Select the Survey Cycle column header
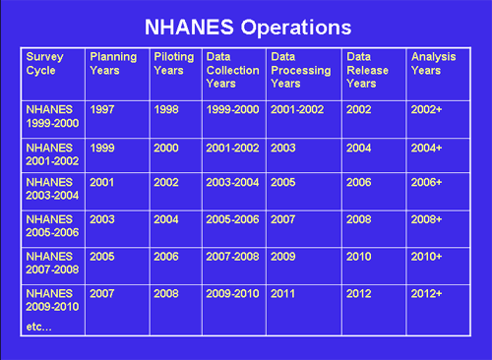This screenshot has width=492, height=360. [45, 63]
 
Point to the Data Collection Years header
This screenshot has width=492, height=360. [232, 70]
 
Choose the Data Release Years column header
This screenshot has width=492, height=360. [367, 70]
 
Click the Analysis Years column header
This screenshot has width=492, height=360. [433, 63]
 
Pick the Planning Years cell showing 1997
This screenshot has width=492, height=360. [101, 109]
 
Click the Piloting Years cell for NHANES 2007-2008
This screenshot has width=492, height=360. [167, 256]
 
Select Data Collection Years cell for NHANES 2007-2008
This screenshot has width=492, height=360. [232, 256]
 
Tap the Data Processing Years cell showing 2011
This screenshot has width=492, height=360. [283, 292]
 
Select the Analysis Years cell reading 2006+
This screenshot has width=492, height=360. [426, 182]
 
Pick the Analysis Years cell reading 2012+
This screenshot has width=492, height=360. [426, 292]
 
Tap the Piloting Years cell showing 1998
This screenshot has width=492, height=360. [167, 109]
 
